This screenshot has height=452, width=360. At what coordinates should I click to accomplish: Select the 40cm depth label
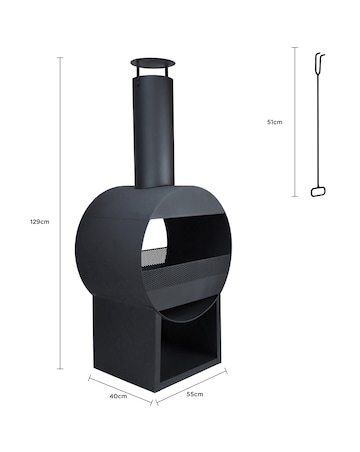point(118,397)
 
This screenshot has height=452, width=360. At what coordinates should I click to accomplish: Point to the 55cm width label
point(196,394)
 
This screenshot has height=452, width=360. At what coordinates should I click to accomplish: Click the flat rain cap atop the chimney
point(153,68)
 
